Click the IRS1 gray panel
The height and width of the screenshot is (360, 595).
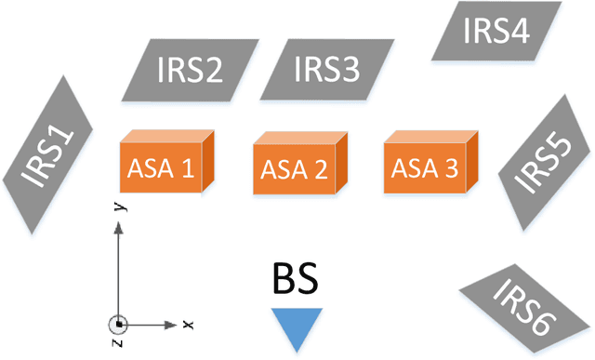tap(50, 153)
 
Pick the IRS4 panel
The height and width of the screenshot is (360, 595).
tap(495, 31)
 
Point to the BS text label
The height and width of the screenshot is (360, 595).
tap(297, 279)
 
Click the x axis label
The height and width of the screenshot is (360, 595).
tap(188, 325)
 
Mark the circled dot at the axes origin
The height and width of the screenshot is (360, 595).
tap(118, 325)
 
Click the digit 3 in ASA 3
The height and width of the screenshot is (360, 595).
tap(451, 168)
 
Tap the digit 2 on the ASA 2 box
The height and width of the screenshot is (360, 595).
tap(321, 170)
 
